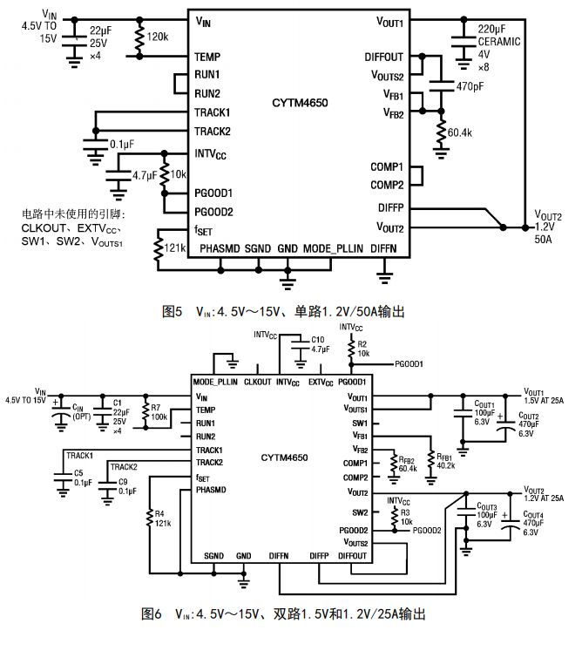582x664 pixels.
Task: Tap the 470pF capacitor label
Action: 470,87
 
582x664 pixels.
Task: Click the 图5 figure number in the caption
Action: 171,311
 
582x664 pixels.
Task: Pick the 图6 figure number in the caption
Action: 151,614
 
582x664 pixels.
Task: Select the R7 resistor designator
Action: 156,407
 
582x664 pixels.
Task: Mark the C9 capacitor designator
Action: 124,481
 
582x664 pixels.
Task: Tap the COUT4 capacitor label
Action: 531,515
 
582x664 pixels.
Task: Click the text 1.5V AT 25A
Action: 543,401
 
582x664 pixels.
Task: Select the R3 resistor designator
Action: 405,512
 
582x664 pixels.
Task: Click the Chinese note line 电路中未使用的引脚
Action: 74,213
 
